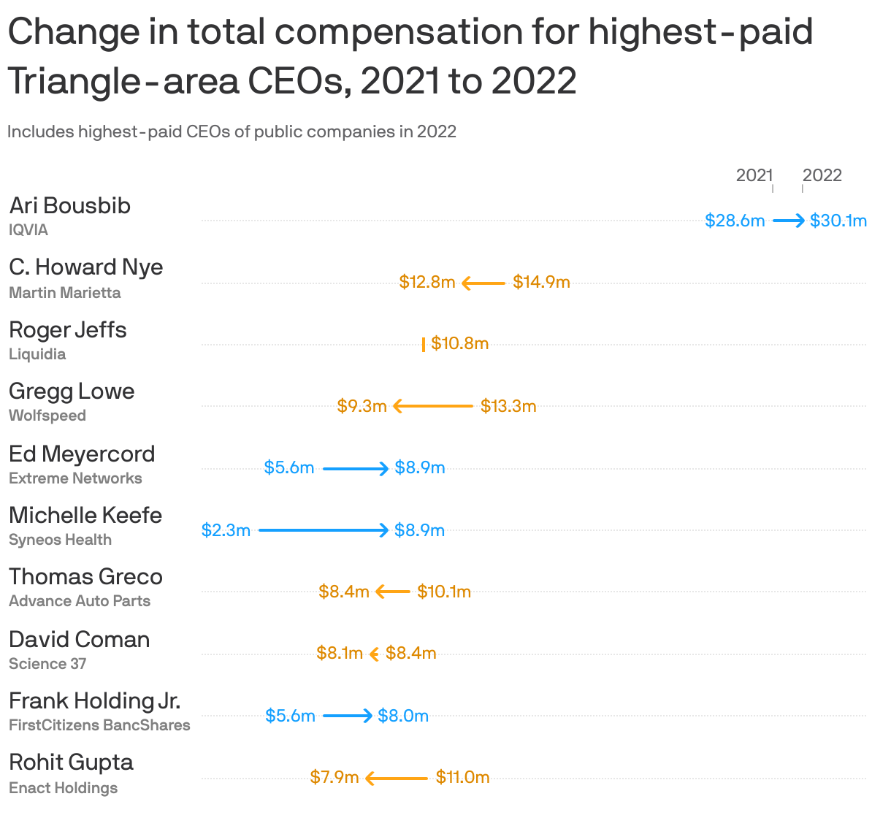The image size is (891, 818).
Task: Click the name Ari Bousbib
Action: pyautogui.click(x=70, y=206)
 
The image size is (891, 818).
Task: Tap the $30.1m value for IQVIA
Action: pyautogui.click(x=838, y=221)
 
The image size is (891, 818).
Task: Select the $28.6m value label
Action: pyautogui.click(x=735, y=221)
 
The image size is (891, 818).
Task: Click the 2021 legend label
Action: pyautogui.click(x=754, y=175)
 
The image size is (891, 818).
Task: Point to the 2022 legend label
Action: pyautogui.click(x=822, y=175)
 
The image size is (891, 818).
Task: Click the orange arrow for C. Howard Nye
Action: pyautogui.click(x=483, y=283)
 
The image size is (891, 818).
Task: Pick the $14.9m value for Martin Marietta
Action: pyautogui.click(x=541, y=282)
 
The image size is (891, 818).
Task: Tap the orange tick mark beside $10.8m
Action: pyautogui.click(x=424, y=345)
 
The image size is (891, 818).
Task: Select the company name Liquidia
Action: pyautogui.click(x=37, y=354)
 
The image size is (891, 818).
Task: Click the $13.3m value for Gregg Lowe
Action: pyautogui.click(x=508, y=406)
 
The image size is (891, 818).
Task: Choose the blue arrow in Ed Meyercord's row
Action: pyautogui.click(x=356, y=468)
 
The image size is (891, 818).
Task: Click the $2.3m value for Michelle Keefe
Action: pyautogui.click(x=226, y=530)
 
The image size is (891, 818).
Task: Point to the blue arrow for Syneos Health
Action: pyautogui.click(x=324, y=530)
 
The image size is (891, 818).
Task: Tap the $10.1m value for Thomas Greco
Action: pyautogui.click(x=444, y=592)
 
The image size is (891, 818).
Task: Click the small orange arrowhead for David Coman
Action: pyautogui.click(x=374, y=654)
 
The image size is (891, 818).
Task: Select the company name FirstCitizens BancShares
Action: pyautogui.click(x=99, y=725)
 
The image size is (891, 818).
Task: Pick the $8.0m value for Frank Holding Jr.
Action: pyautogui.click(x=403, y=716)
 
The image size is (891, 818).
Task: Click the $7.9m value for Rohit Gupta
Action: pyautogui.click(x=334, y=777)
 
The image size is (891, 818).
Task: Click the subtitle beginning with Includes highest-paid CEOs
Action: pyautogui.click(x=232, y=131)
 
